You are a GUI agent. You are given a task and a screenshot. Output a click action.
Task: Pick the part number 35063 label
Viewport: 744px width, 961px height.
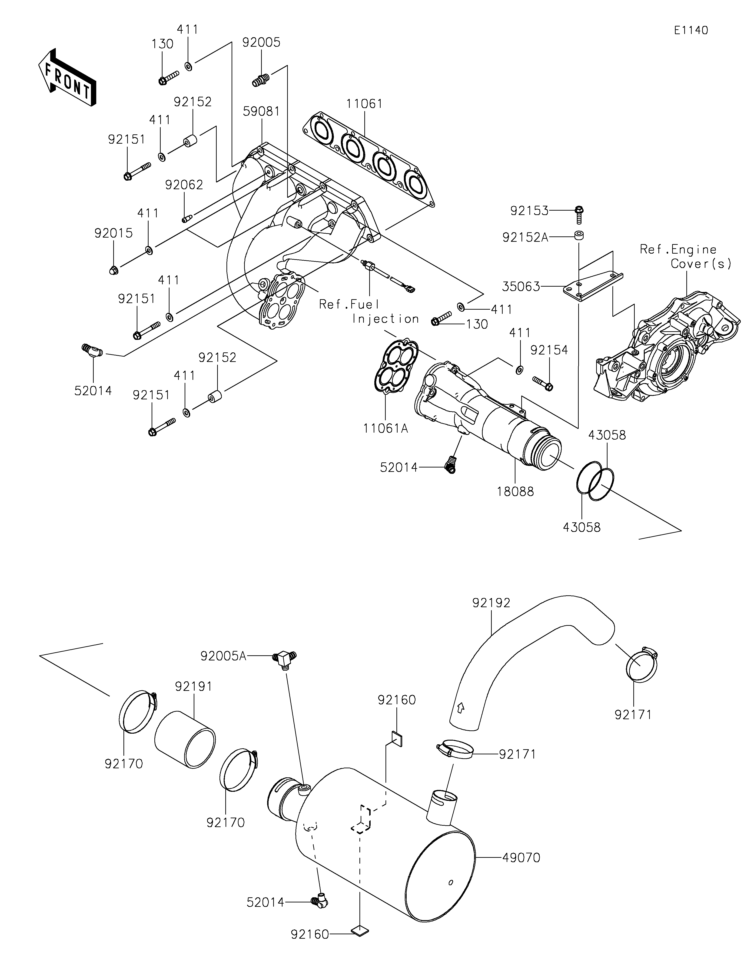coord(521,287)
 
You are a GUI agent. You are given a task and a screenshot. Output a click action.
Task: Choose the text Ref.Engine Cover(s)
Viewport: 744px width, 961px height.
coord(685,257)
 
